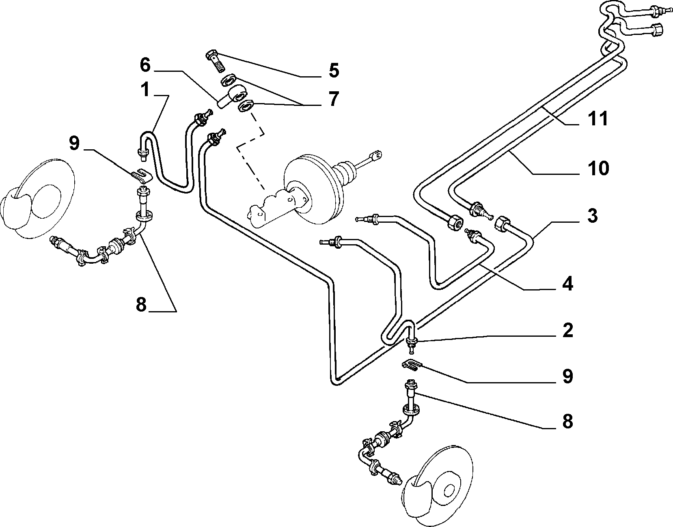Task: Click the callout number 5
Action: (x=334, y=71)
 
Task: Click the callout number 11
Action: (x=598, y=118)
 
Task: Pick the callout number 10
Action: (x=598, y=168)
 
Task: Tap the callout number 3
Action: (x=592, y=216)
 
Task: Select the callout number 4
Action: (x=567, y=284)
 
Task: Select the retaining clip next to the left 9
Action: (x=142, y=176)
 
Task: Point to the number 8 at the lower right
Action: (x=567, y=422)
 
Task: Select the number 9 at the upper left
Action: (x=74, y=144)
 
